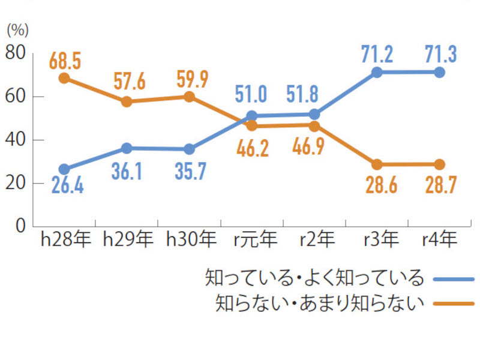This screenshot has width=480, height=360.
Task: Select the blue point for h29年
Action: (127, 148)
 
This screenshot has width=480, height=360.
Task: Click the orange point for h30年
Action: (190, 96)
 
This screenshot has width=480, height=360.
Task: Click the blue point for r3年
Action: (377, 73)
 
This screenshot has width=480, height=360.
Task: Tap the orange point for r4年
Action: (440, 164)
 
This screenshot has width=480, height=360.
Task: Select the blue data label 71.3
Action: (440, 55)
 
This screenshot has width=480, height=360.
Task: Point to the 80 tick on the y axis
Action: (16, 53)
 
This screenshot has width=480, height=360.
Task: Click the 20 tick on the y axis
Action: (16, 183)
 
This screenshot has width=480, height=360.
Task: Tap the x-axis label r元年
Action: (256, 241)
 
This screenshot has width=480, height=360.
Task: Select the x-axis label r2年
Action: (317, 241)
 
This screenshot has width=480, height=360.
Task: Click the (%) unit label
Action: (17, 29)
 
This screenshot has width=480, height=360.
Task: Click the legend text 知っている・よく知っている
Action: (314, 278)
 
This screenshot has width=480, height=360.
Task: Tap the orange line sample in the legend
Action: (454, 303)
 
